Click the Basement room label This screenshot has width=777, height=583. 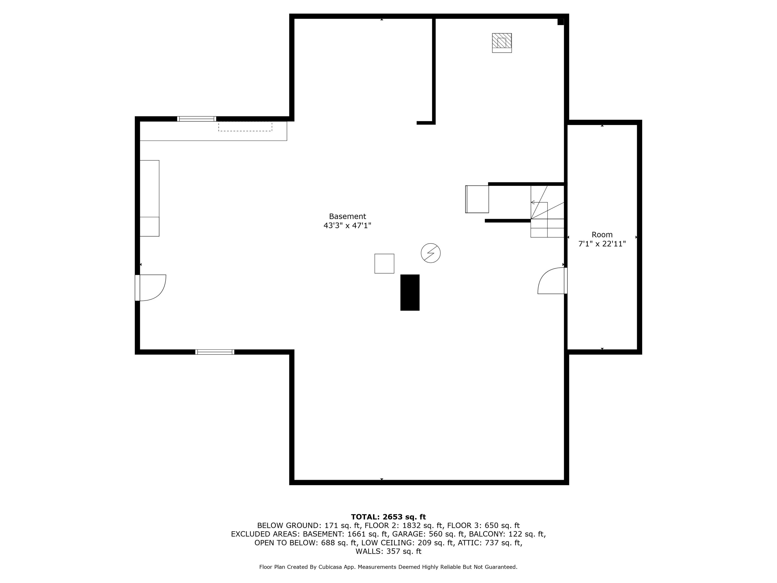pos(347,216)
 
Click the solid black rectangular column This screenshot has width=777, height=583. pos(410,292)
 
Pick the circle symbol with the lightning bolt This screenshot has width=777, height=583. pos(431,253)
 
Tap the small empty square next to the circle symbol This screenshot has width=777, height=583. pos(384,264)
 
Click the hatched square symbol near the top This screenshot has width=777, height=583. pos(502,43)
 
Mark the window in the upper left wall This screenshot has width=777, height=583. pos(196,119)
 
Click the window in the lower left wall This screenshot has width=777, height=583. pos(215,352)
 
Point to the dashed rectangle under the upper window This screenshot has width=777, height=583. pos(245,126)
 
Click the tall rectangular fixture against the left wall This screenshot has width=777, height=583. pos(150,198)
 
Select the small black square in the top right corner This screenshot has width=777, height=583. pos(561,22)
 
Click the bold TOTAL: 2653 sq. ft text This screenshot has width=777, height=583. pos(388,517)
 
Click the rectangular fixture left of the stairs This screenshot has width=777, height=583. pos(477,199)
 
